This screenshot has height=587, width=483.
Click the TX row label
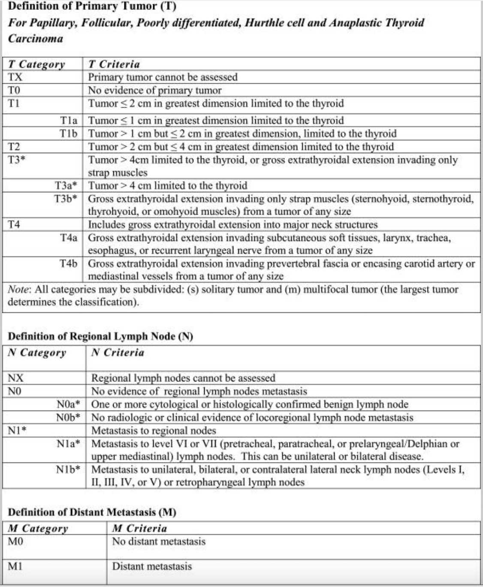pyautogui.click(x=15, y=77)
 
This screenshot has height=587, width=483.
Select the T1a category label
pyautogui.click(x=69, y=121)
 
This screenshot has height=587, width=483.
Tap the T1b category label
pyautogui.click(x=69, y=133)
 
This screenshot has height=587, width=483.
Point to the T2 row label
pyautogui.click(x=14, y=147)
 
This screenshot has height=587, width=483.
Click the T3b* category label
pyautogui.click(x=66, y=199)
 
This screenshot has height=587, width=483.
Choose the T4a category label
pyautogui.click(x=69, y=238)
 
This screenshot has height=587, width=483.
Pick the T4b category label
pyautogui.click(x=69, y=263)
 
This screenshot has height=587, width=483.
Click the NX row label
pyautogui.click(x=16, y=378)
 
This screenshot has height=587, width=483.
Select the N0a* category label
pyautogui.click(x=68, y=404)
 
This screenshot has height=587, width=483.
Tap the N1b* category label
pyautogui.click(x=68, y=469)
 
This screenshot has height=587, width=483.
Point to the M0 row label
pyautogui.click(x=15, y=542)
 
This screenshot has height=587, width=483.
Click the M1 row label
pyautogui.click(x=15, y=566)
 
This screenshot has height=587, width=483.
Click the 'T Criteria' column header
pyautogui.click(x=114, y=64)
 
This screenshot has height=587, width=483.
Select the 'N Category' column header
pyautogui.click(x=37, y=353)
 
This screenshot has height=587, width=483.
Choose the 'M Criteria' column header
pyautogui.click(x=139, y=529)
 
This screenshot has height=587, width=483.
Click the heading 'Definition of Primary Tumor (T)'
pyautogui.click(x=92, y=6)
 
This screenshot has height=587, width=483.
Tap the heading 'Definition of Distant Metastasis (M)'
pyautogui.click(x=92, y=512)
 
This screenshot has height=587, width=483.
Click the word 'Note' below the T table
pyautogui.click(x=18, y=290)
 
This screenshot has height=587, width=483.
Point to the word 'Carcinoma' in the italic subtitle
pyautogui.click(x=35, y=39)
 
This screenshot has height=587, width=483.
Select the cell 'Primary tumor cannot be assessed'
pyautogui.click(x=163, y=77)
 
